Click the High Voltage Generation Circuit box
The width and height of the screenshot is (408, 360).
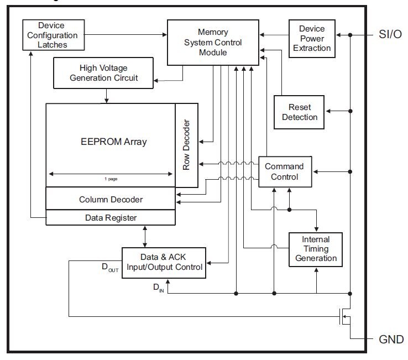tap(104, 73)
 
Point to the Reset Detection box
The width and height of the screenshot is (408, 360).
tap(300, 112)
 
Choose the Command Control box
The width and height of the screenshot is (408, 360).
tap(284, 171)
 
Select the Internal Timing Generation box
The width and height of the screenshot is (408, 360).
tap(316, 249)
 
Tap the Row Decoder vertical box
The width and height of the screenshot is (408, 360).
tap(186, 145)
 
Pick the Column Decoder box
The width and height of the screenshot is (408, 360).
tap(111, 199)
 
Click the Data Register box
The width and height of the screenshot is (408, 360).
tap(111, 217)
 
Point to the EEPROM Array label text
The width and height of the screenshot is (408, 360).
tap(114, 142)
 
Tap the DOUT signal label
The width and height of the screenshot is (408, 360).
tap(109, 268)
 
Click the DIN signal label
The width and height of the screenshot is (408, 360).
tap(158, 287)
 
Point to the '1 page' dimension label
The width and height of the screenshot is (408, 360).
tap(111, 179)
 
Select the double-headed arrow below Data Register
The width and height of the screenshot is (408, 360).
tap(145, 236)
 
